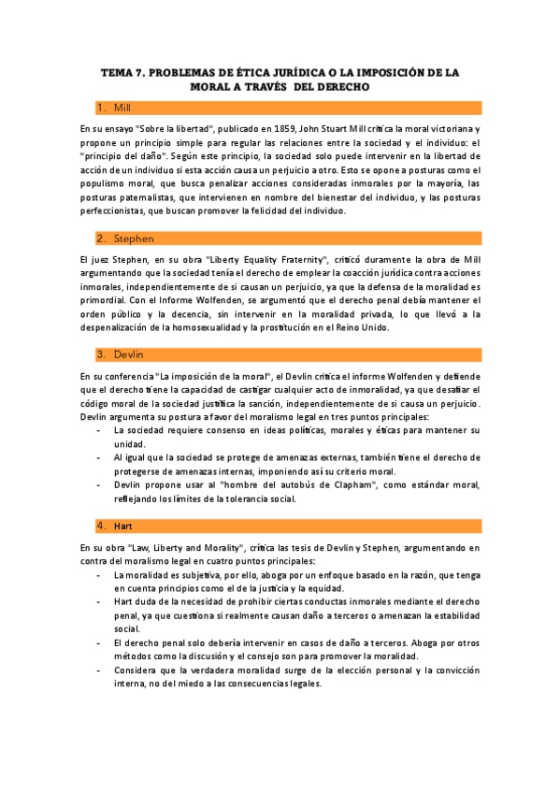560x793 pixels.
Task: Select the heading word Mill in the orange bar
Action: coord(123,108)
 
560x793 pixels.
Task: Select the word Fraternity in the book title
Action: coord(281,256)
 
